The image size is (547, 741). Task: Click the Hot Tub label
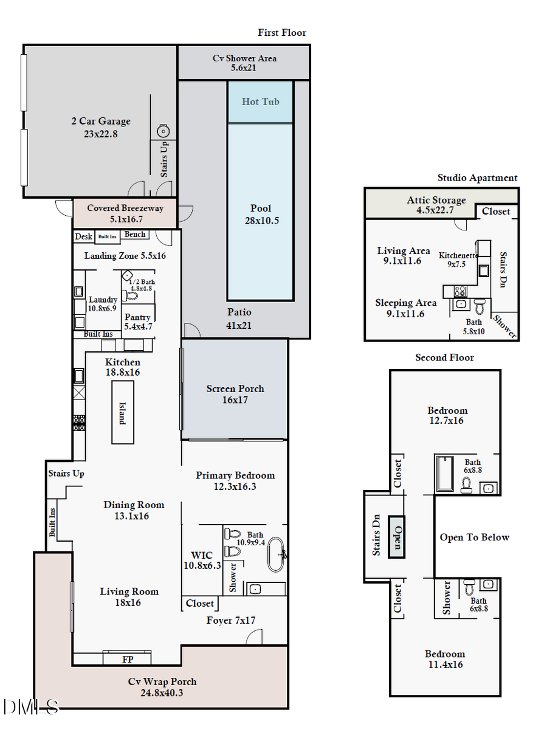(x=260, y=102)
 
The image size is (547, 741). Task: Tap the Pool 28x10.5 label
(x=261, y=215)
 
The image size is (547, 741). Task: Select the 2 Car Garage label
(x=101, y=127)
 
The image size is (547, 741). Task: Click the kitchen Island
(x=122, y=412)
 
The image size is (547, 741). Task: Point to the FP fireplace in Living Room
(x=127, y=658)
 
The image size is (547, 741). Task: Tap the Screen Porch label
(x=235, y=394)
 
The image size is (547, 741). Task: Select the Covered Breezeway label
(x=125, y=213)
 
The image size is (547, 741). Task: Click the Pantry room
(x=138, y=322)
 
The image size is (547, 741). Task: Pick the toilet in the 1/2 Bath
(x=131, y=296)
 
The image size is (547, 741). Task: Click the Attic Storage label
(x=436, y=205)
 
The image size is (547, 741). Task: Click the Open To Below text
(x=474, y=537)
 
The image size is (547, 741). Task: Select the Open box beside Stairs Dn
(x=396, y=537)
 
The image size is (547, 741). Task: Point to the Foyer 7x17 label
(x=231, y=620)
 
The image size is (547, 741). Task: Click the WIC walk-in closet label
(x=202, y=560)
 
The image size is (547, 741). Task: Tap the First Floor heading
(x=282, y=33)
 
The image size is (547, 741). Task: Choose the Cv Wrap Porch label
(x=162, y=687)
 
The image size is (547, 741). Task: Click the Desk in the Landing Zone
(x=83, y=236)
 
